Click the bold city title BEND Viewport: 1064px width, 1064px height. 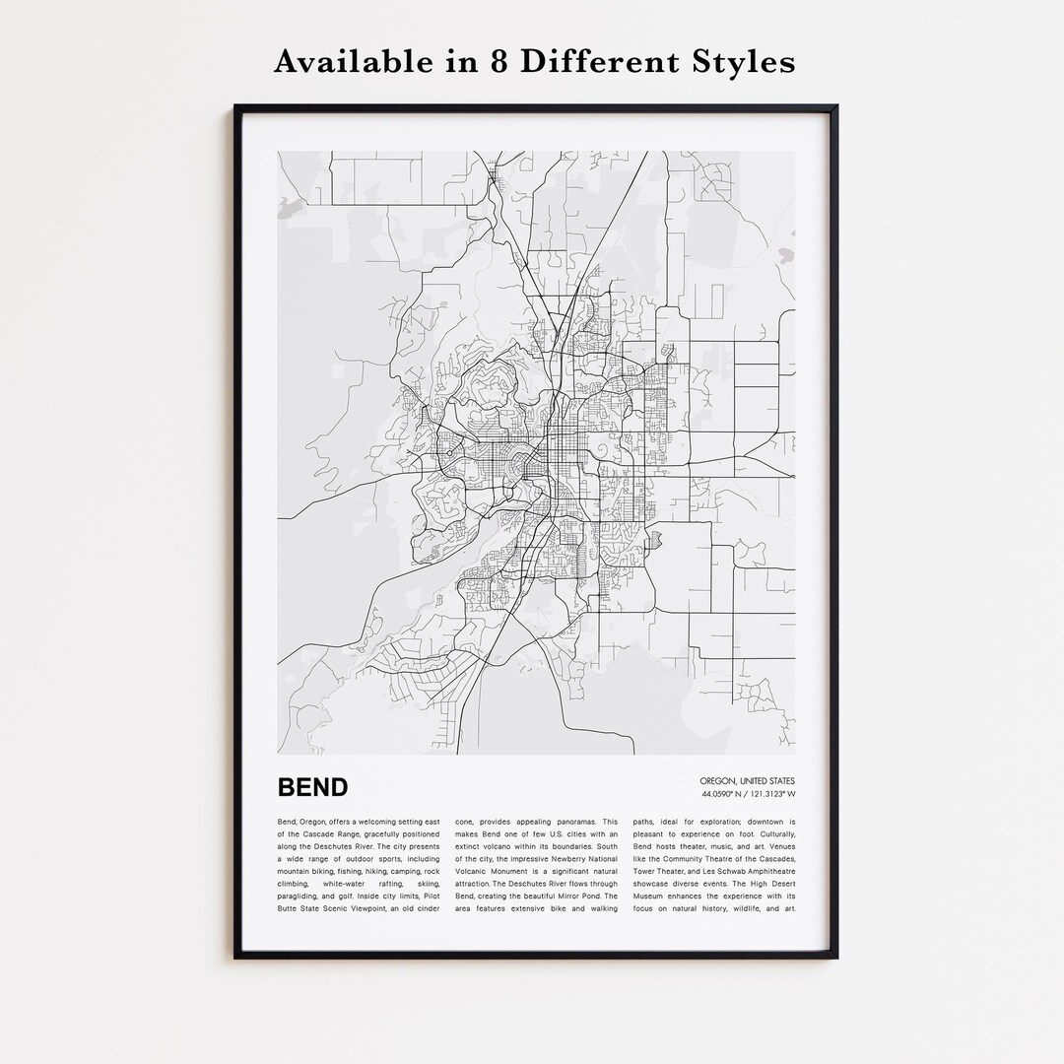[x=312, y=787]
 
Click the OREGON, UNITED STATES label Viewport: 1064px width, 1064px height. [x=748, y=781]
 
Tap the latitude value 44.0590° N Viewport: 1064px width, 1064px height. [x=724, y=794]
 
